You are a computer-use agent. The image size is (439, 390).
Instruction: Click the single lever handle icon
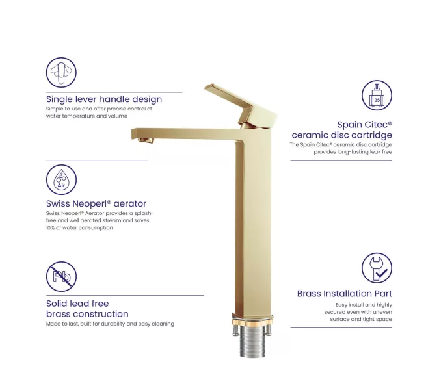tap(61, 72)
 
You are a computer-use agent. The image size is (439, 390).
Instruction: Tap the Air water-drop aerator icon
tap(61, 179)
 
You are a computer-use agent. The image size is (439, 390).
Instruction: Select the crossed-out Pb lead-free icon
tap(61, 276)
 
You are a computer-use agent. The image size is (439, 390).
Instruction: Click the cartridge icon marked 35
tap(377, 95)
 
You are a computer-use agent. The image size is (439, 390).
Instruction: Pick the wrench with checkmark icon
tap(377, 268)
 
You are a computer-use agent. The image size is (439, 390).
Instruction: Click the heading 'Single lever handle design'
tap(104, 99)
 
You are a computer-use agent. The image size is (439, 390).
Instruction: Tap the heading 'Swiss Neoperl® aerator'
tap(96, 203)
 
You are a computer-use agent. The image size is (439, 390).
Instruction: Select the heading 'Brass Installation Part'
tap(345, 294)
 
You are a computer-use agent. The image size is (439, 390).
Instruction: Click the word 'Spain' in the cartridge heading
tap(349, 125)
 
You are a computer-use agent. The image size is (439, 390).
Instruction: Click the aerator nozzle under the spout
tap(146, 140)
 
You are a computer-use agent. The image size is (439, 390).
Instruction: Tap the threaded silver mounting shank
tap(252, 342)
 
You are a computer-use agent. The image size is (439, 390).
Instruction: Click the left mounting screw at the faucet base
tap(235, 330)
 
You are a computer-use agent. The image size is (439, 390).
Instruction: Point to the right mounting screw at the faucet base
tap(269, 330)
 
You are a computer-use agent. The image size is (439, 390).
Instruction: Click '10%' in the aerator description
tap(51, 227)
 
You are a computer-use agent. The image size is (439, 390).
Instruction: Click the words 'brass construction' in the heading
tap(87, 314)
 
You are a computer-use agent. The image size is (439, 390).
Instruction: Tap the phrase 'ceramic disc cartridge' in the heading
tap(342, 135)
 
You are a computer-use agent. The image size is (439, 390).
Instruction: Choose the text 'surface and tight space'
tap(361, 320)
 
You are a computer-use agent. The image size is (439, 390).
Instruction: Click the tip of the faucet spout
tap(132, 134)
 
